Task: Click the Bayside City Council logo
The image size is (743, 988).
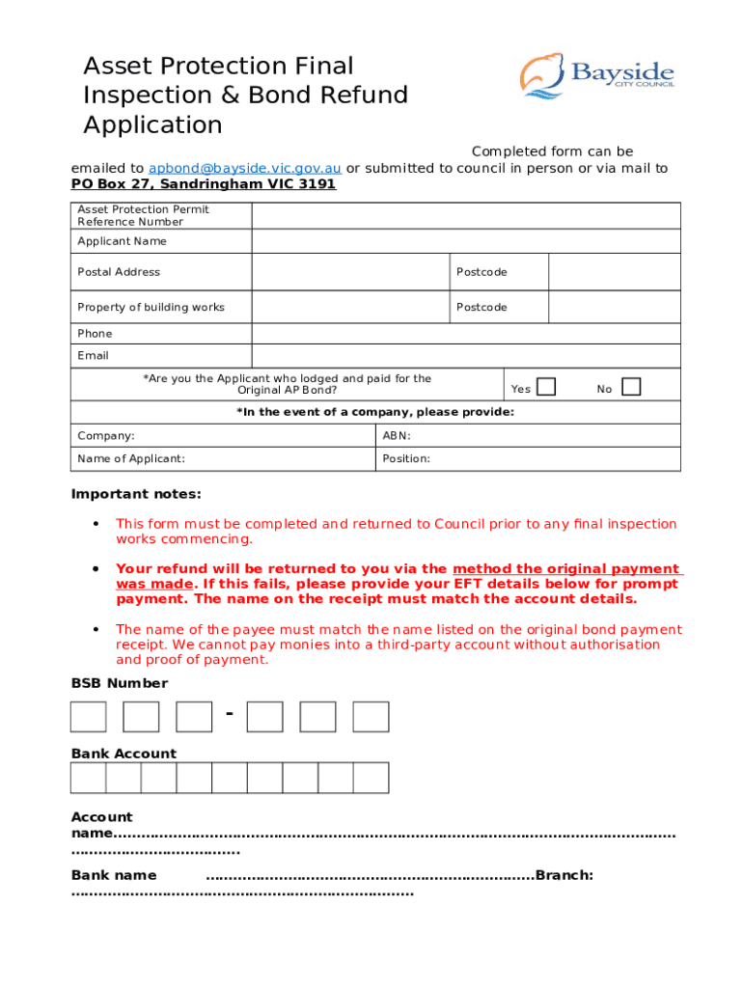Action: tap(596, 75)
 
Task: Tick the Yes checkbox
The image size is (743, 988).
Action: tap(546, 387)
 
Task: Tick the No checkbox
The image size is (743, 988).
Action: tap(631, 387)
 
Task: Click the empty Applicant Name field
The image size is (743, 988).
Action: tap(465, 241)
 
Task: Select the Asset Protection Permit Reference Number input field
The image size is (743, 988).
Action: tap(465, 215)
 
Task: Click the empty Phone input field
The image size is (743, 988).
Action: tap(465, 333)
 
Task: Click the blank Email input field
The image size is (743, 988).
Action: tap(465, 356)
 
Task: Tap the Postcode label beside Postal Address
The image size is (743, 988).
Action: tap(482, 272)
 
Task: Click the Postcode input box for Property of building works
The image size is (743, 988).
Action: tap(614, 307)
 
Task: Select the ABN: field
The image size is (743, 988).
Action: tap(528, 436)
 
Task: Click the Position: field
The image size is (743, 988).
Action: tap(528, 459)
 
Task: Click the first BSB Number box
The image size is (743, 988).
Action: tap(89, 717)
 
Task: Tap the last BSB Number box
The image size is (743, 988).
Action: tap(371, 717)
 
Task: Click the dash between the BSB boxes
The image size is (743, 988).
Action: tap(230, 714)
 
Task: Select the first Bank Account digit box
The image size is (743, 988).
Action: tap(89, 778)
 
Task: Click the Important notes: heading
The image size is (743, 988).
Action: tap(136, 494)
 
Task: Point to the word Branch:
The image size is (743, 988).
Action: tap(564, 875)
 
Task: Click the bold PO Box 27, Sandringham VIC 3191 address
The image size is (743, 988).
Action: tap(204, 183)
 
